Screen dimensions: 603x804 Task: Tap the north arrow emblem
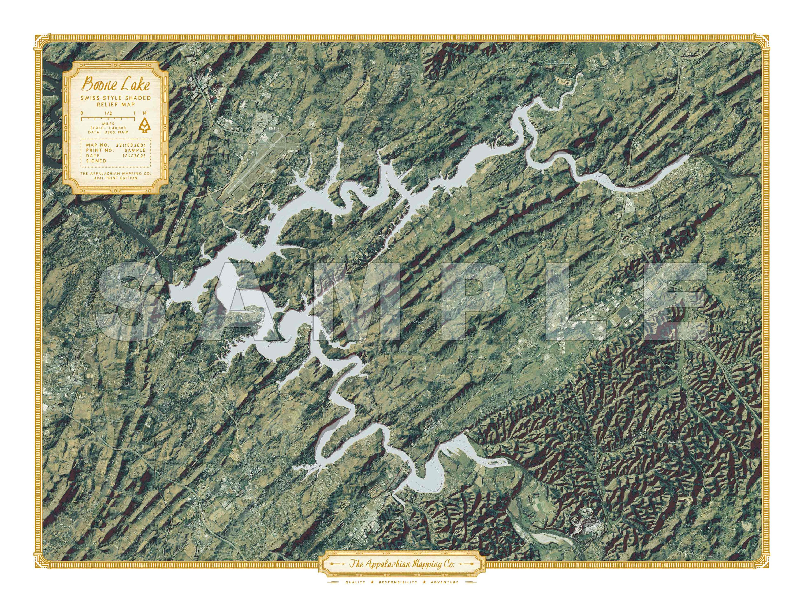[145, 125]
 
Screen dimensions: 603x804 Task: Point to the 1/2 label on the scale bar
[108, 113]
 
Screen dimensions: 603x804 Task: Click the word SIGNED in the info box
[96, 161]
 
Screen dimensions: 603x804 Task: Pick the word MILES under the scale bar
[108, 124]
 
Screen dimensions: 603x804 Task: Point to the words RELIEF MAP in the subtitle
[116, 104]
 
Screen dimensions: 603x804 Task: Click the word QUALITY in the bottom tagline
[355, 582]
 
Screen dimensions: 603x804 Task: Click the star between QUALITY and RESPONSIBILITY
[371, 582]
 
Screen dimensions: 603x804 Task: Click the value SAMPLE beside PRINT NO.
[135, 150]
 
